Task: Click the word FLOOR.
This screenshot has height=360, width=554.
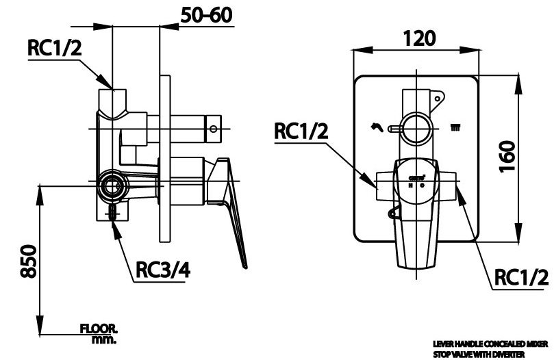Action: click(99, 329)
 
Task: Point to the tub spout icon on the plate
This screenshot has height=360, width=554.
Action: click(376, 126)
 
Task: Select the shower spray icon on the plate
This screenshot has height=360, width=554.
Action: click(454, 127)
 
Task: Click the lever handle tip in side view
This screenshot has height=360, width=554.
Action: click(243, 262)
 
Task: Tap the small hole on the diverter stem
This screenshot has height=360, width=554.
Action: click(214, 127)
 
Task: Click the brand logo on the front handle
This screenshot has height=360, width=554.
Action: click(415, 177)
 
